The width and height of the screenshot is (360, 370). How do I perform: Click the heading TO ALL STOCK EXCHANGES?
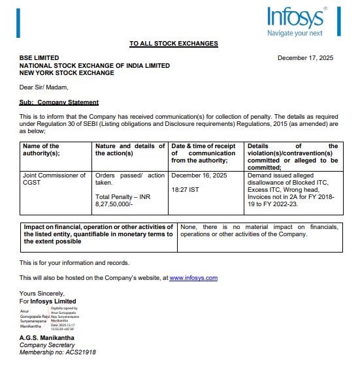[174, 44]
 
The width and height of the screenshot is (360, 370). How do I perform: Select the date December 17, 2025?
[305, 58]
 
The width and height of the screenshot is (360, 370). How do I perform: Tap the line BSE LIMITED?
[39, 58]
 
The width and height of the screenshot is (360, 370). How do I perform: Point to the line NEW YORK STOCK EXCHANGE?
[67, 73]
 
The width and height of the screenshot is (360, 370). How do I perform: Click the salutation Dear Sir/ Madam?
[44, 87]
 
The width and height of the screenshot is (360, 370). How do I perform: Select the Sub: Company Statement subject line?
[59, 102]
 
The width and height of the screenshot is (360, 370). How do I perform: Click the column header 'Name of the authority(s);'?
[41, 149]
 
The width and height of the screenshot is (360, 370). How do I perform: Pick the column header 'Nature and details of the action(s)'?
[130, 149]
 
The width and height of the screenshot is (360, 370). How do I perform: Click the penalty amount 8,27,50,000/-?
[114, 204]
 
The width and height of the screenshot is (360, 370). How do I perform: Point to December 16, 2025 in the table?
[198, 176]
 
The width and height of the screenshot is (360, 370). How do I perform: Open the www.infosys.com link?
[193, 278]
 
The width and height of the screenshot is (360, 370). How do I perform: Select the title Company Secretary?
[47, 345]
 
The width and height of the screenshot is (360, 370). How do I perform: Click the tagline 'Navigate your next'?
[295, 33]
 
